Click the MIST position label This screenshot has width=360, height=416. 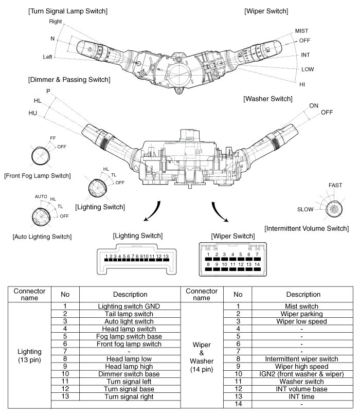click(x=302, y=31)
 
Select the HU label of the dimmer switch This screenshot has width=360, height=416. click(x=33, y=113)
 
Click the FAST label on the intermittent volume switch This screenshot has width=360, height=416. click(x=335, y=185)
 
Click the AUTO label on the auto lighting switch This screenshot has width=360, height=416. click(x=41, y=196)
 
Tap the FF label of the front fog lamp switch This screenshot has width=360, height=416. click(x=53, y=138)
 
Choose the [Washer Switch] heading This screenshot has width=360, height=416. click(x=268, y=98)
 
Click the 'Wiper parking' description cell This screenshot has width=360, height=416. click(x=301, y=314)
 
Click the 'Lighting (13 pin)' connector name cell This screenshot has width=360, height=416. click(x=30, y=355)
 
